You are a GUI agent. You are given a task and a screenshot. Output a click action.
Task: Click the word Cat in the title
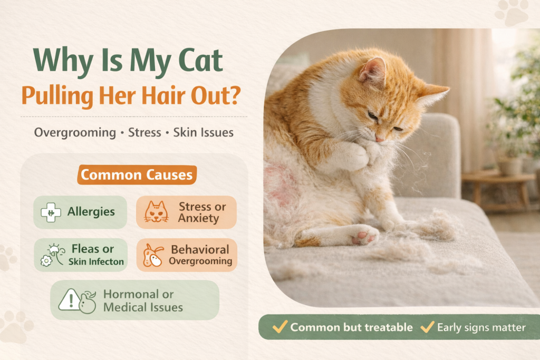(201, 61)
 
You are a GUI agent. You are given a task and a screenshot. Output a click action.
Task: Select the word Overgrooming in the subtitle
(75, 133)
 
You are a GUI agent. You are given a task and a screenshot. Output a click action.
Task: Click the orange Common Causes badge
(137, 175)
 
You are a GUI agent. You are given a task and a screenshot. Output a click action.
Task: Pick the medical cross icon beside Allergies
(51, 212)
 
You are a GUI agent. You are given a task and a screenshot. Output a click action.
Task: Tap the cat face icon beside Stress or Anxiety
(156, 212)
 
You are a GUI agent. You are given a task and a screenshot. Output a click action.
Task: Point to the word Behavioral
(200, 249)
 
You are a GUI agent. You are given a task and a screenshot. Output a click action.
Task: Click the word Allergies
(91, 212)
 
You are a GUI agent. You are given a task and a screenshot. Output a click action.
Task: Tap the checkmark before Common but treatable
(280, 327)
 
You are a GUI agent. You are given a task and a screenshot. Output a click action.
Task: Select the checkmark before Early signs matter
(427, 327)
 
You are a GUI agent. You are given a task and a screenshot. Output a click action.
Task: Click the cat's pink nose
(379, 138)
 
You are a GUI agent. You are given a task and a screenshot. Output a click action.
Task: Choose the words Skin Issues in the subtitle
(203, 132)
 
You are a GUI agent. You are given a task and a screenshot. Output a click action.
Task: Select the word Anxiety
(198, 218)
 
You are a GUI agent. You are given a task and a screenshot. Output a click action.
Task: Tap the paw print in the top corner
(512, 13)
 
